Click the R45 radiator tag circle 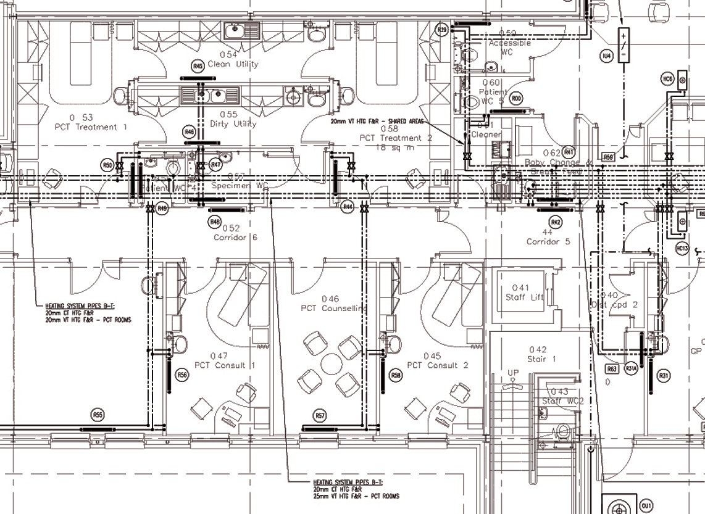coord(198,66)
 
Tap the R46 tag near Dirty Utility coord(190,131)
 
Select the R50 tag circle coord(108,165)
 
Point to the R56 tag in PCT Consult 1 coord(182,375)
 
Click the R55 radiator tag coord(97,414)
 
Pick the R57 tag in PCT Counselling coord(319,415)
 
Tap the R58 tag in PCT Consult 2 coord(396,375)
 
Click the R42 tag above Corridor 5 coord(556,222)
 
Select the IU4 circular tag coord(607,56)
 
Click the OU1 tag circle coord(646,506)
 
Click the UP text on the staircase coord(513,373)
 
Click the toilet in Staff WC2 coord(562,430)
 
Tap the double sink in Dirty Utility coord(205,96)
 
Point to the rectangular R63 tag coord(611,369)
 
